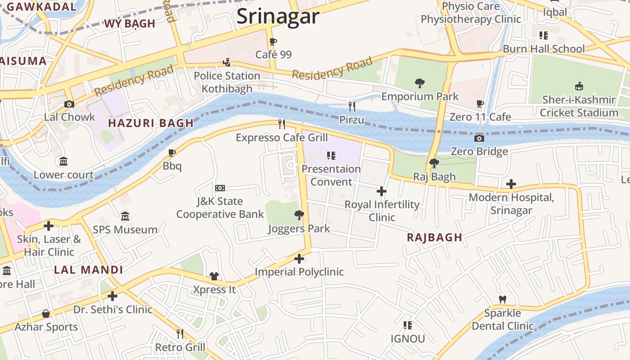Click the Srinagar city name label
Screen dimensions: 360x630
point(278,17)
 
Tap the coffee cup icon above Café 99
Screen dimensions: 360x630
point(273,42)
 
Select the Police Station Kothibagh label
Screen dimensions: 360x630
point(227,82)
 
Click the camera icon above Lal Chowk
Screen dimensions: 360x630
point(69,104)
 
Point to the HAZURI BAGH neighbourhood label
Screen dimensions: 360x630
point(151,123)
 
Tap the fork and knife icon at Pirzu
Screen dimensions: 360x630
point(352,106)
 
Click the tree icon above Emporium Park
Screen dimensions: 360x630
point(419,83)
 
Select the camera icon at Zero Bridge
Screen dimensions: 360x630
point(479,138)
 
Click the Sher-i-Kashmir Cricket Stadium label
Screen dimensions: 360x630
point(579,106)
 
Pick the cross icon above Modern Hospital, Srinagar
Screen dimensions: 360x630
point(511,184)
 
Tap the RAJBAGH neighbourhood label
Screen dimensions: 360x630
point(434,238)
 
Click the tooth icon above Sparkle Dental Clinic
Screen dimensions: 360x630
point(503,299)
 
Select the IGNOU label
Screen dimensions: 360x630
point(407,338)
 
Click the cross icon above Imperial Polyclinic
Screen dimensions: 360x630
point(299,259)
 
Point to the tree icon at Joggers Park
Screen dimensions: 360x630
point(298,215)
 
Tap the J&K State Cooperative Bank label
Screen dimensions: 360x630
point(220,207)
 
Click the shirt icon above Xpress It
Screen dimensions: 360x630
point(214,276)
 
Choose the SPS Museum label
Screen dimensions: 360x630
point(125,229)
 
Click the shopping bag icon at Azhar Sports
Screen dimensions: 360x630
point(45,314)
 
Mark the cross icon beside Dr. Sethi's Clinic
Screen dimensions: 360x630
point(112,296)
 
